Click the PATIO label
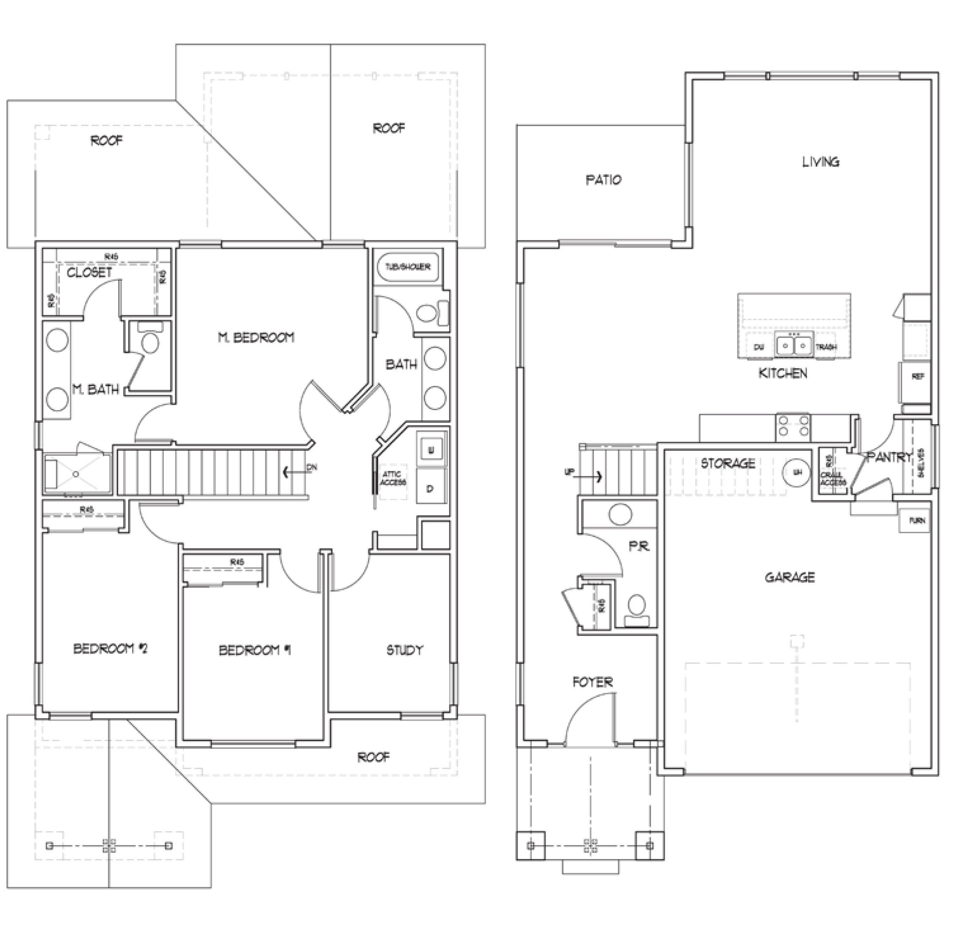604,179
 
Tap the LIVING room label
821,162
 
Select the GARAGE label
790,577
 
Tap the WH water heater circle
798,472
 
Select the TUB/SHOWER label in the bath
408,267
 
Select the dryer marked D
431,488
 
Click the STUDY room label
404,650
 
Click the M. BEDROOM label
256,337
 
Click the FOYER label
592,682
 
